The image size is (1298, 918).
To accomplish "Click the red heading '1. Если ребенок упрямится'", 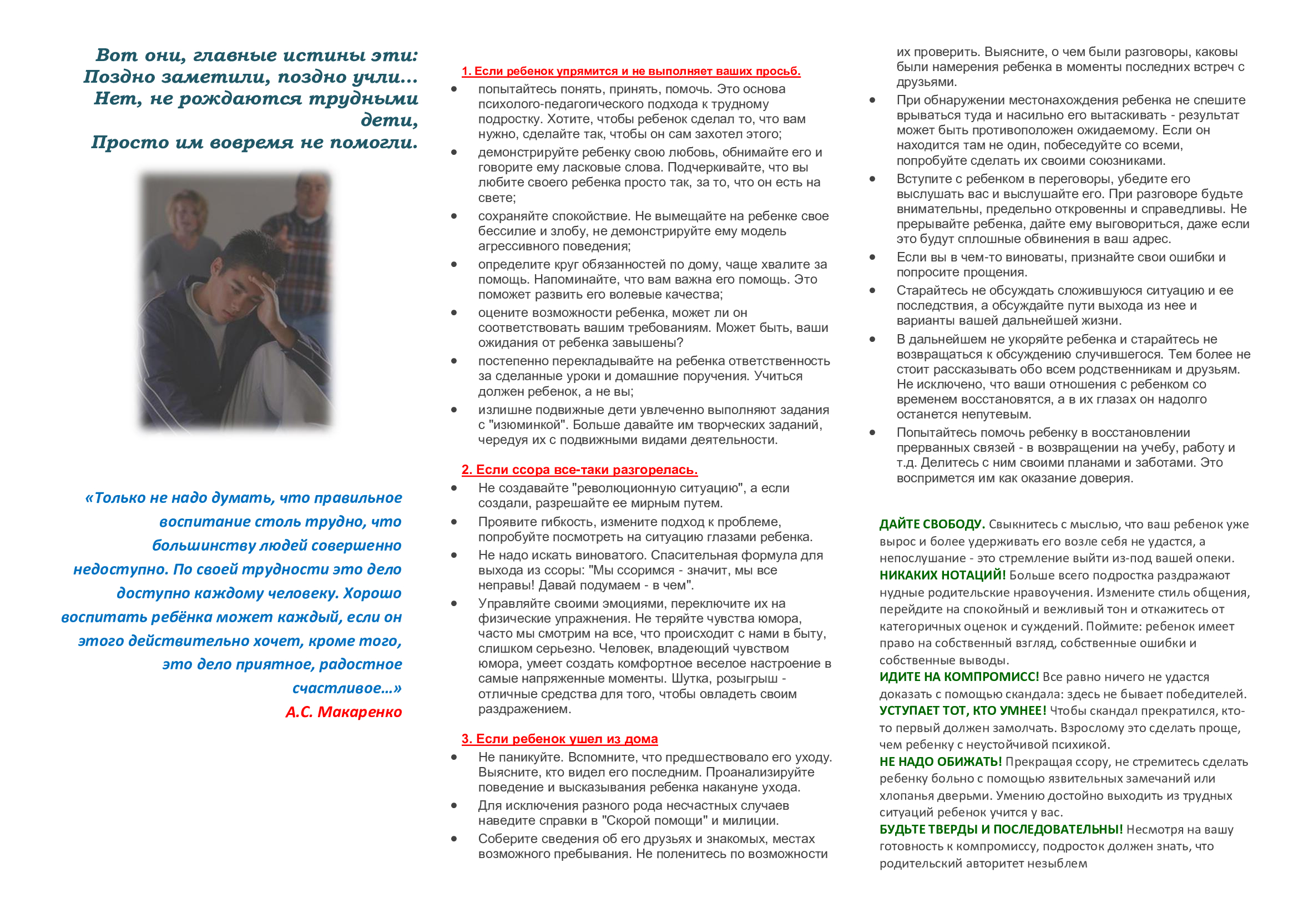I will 630,71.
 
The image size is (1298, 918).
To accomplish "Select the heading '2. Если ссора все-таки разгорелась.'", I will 579,470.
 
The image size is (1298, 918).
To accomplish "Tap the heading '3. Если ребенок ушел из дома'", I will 559,739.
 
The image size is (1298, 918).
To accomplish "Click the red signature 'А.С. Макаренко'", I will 343,712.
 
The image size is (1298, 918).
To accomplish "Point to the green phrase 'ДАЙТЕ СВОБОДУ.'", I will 932,524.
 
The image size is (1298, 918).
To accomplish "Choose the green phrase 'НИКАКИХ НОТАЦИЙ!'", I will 942,575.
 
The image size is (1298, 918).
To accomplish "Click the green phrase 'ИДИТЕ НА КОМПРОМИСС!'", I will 959,677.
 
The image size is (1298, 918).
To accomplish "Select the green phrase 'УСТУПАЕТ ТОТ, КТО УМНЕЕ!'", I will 963,710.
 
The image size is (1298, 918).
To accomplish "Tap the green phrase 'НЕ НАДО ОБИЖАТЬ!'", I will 940,761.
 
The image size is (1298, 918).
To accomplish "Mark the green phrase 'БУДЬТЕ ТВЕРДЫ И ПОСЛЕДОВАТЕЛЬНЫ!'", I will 1001,829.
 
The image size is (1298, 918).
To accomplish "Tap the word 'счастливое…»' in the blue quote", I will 346,688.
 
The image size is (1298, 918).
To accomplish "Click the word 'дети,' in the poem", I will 390,120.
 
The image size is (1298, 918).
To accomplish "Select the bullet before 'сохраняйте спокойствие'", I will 454,216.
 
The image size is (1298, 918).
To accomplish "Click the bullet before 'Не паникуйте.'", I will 454,757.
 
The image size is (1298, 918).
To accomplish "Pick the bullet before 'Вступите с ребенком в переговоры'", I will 872,179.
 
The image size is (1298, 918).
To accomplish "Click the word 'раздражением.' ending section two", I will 524,709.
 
